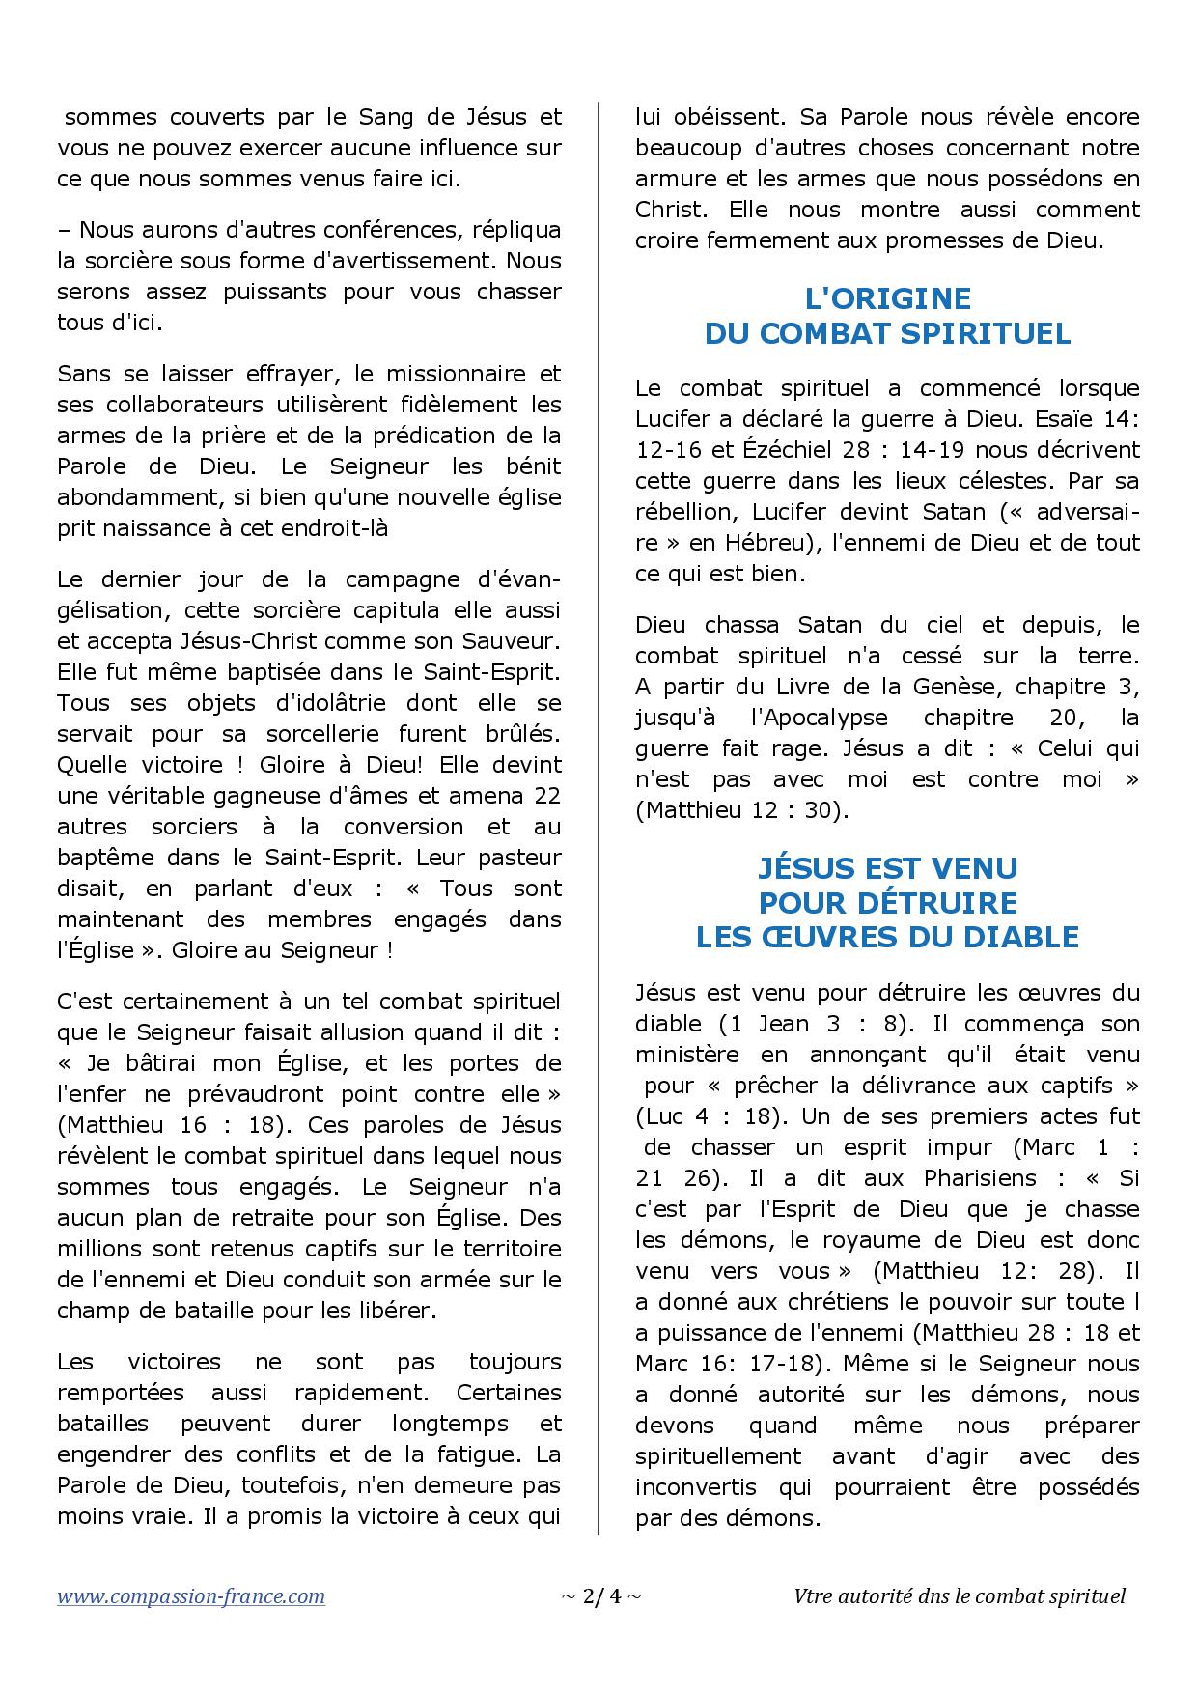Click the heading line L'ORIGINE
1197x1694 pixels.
(887, 298)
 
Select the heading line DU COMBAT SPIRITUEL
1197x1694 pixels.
(887, 333)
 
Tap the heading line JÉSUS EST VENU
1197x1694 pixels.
(887, 868)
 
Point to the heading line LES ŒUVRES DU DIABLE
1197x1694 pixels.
(887, 937)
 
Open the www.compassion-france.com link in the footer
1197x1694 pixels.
(191, 1596)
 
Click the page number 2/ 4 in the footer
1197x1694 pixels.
(599, 1596)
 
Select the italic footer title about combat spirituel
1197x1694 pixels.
(959, 1596)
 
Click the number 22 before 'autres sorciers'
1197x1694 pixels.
(546, 796)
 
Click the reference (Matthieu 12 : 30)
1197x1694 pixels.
(741, 810)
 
